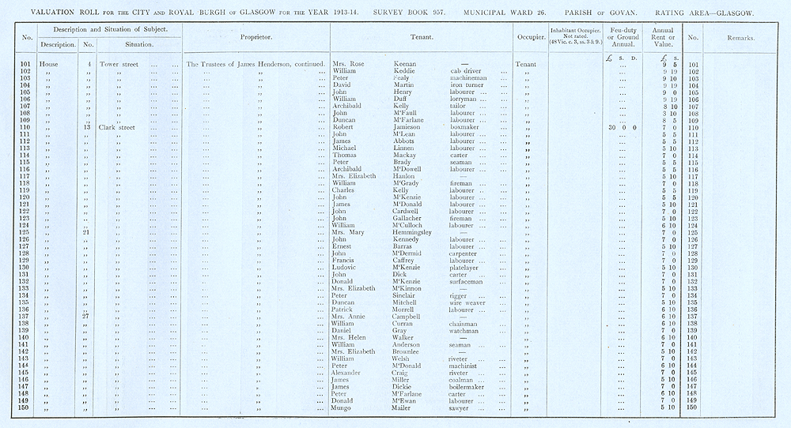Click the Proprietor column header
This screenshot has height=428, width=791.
(257, 37)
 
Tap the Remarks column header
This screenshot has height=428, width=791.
(741, 37)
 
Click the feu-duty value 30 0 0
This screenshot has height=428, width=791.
(623, 126)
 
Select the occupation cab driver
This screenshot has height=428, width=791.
(458, 71)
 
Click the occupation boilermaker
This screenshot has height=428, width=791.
(465, 387)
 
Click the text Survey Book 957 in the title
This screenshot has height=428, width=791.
(425, 13)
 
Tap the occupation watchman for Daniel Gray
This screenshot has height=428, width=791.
(463, 330)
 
